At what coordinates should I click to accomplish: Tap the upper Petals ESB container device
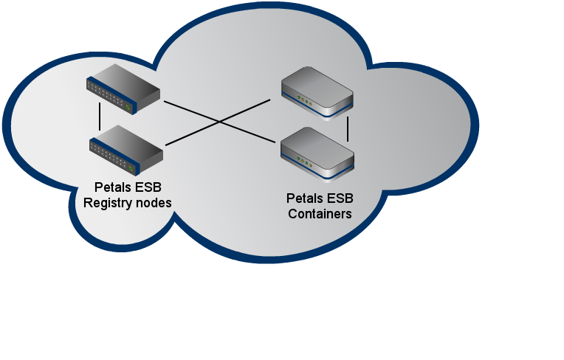click(x=317, y=91)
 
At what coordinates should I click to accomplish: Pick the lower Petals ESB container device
click(x=318, y=152)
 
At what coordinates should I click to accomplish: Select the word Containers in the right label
click(x=319, y=214)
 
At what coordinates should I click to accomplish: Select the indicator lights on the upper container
click(x=304, y=99)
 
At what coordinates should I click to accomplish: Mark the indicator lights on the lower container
click(x=304, y=160)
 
